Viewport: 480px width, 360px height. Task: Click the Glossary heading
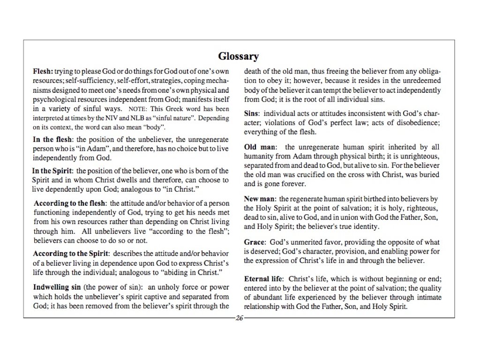239,57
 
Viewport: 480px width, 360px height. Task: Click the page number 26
240,319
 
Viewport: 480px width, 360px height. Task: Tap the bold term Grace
255,242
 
